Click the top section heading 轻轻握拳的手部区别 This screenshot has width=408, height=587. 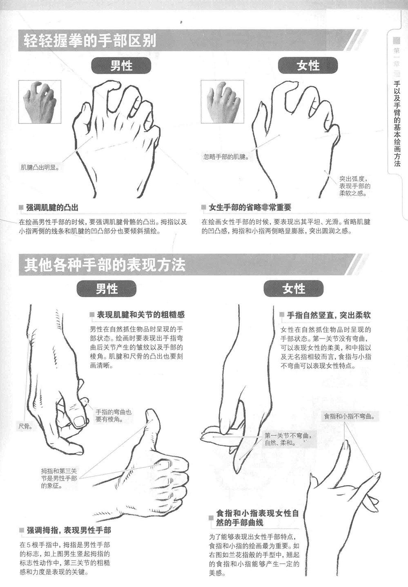pyautogui.click(x=90, y=41)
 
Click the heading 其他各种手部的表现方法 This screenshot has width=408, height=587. pyautogui.click(x=105, y=265)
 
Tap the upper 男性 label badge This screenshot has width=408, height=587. pyautogui.click(x=121, y=66)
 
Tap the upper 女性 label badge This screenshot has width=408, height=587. pyautogui.click(x=308, y=66)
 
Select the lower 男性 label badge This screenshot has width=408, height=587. pyautogui.click(x=107, y=289)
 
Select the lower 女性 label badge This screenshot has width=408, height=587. pyautogui.click(x=294, y=289)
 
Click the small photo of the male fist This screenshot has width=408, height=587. pyautogui.click(x=40, y=102)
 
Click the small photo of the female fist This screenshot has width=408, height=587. pyautogui.click(x=222, y=102)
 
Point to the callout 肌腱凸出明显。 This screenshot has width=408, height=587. pyautogui.click(x=40, y=168)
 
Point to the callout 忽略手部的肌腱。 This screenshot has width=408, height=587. pyautogui.click(x=226, y=157)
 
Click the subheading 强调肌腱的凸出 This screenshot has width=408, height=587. pyautogui.click(x=52, y=208)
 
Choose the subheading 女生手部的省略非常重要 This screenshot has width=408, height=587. pyautogui.click(x=250, y=207)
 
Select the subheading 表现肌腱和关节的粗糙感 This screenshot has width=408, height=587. pyautogui.click(x=141, y=314)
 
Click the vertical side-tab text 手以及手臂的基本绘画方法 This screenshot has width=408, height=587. pyautogui.click(x=397, y=124)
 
